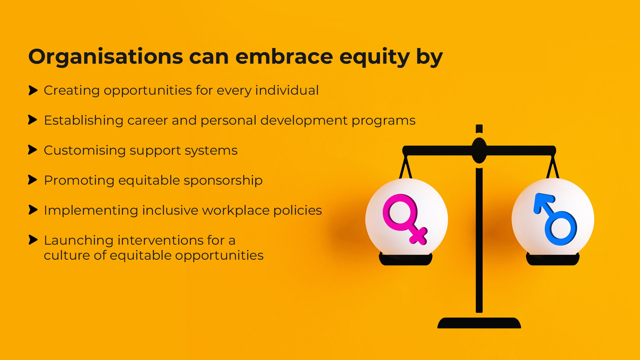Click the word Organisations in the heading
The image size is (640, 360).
(106, 57)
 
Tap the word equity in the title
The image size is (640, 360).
(374, 57)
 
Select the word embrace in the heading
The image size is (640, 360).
(284, 56)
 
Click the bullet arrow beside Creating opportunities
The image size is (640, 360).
(33, 90)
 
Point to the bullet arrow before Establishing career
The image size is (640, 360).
(33, 120)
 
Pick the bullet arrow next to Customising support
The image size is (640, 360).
(33, 150)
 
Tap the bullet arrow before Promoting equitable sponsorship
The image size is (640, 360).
(33, 180)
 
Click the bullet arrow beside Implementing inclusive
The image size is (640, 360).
(33, 210)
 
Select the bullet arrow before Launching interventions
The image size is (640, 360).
(33, 240)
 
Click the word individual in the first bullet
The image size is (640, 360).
(287, 90)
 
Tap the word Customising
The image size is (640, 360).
(85, 151)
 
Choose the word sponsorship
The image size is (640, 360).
(223, 181)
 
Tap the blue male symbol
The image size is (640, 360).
(555, 219)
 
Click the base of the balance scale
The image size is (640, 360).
(479, 323)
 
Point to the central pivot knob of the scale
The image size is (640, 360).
(479, 150)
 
